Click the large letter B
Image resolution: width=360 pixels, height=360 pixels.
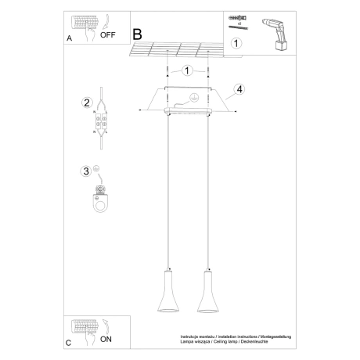coord(138,34)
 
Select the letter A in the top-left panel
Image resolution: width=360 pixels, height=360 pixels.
coord(70,37)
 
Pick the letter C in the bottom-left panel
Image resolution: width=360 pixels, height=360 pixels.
coord(70,343)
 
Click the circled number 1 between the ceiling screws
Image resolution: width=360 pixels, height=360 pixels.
coord(187,71)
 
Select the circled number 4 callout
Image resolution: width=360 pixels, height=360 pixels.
coord(239,89)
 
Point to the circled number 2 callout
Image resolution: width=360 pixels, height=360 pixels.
coord(88,103)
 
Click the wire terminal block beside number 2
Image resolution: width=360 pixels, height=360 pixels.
coord(100,125)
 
